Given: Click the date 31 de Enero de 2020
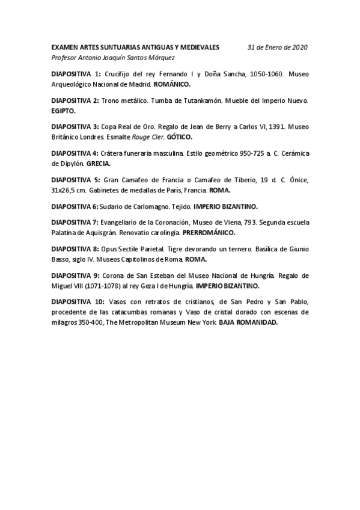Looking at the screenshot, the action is tap(278, 47).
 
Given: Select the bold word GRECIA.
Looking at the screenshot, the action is tap(99, 164).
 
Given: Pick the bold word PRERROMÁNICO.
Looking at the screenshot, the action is tap(209, 233).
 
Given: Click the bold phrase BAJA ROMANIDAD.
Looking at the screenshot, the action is tap(249, 323).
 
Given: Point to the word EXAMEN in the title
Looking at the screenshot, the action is tap(65, 47).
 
